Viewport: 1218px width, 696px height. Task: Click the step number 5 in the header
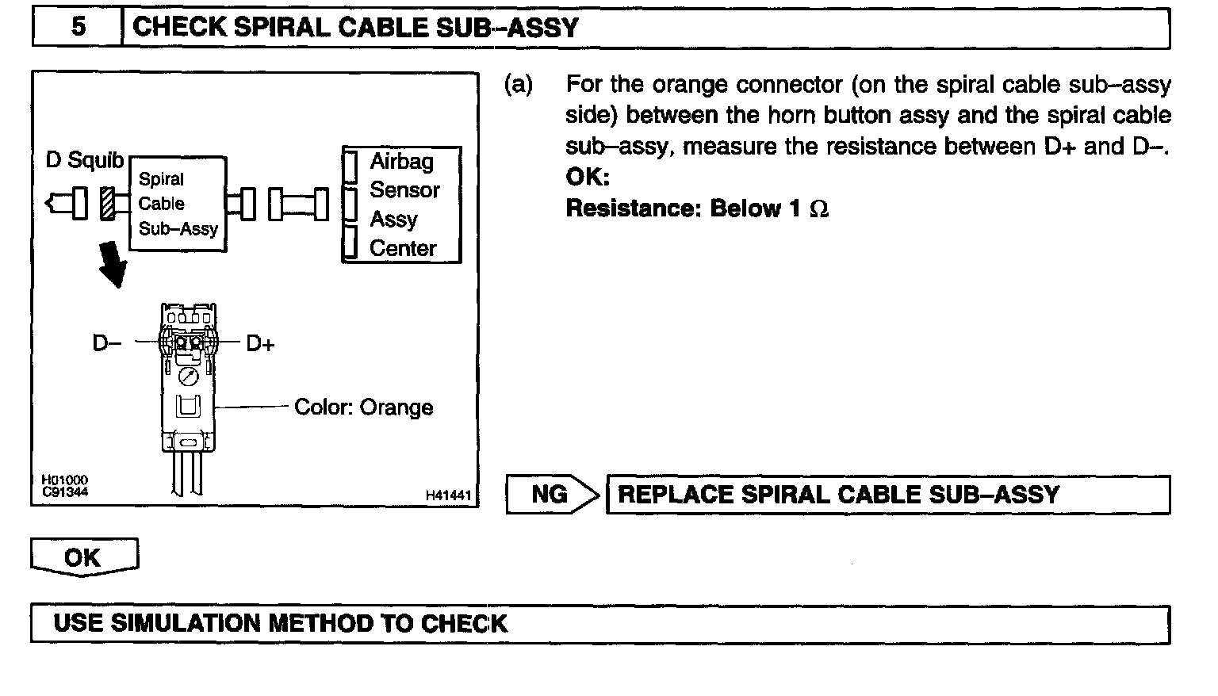78,28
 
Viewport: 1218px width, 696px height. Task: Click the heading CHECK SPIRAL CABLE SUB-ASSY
355,28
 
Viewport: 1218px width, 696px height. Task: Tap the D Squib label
85,160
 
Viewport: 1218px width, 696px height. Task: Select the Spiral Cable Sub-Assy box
178,204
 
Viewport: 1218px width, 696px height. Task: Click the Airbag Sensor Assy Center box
401,205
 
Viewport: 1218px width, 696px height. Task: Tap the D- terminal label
107,343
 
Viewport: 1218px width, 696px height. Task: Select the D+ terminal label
260,343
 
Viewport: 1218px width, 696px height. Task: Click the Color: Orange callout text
363,407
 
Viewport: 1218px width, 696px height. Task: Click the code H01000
64,480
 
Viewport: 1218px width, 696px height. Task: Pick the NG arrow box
552,495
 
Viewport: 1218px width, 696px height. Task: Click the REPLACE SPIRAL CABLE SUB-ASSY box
887,495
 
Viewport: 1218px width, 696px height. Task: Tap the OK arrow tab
84,556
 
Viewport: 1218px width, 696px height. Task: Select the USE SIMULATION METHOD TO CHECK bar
599,623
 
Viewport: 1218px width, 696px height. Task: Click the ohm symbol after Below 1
820,209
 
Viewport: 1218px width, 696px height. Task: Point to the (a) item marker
519,84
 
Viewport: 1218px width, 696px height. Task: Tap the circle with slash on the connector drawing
188,376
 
